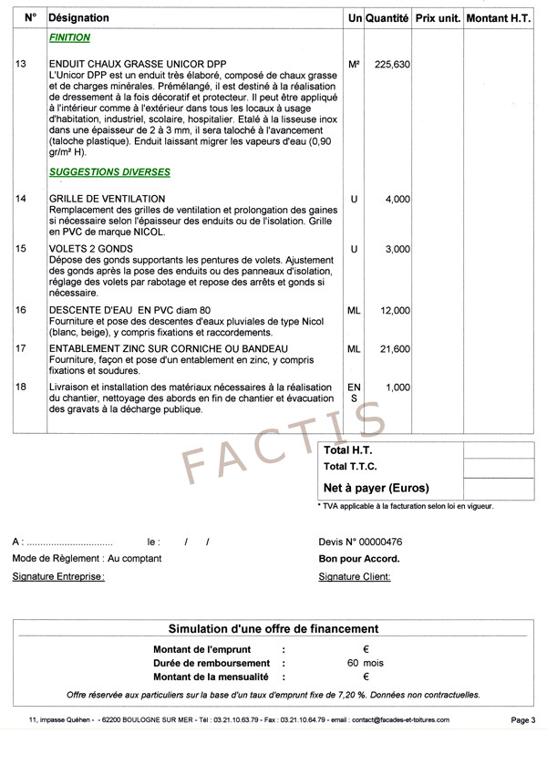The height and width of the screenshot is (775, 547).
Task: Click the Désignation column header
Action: tap(78, 18)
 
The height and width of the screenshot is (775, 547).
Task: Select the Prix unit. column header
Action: tap(437, 18)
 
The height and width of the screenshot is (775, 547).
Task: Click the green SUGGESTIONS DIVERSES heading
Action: tap(109, 171)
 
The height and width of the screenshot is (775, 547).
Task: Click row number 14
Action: tap(21, 199)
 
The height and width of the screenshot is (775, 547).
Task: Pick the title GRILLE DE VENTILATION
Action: tap(108, 199)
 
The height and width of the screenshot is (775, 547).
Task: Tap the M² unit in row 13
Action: tap(354, 65)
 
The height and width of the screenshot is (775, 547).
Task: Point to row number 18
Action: tap(21, 387)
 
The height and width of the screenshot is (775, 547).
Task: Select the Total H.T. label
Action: tap(348, 450)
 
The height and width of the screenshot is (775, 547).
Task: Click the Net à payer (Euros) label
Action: tap(377, 488)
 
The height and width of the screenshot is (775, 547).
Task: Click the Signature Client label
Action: tap(355, 576)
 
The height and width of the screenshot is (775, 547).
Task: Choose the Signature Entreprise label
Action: tap(58, 576)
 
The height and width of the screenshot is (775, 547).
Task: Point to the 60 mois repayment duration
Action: tap(365, 663)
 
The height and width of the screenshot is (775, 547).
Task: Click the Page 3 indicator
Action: tap(522, 720)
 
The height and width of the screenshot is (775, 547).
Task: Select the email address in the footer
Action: tap(399, 720)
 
